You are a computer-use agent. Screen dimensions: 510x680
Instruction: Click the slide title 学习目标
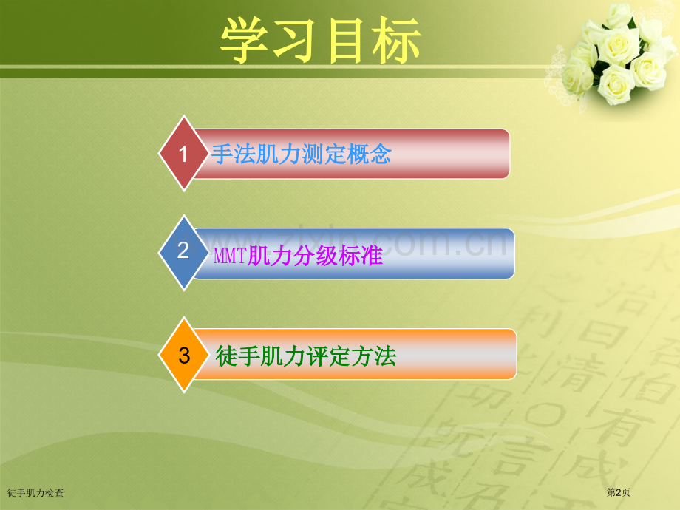tap(320, 40)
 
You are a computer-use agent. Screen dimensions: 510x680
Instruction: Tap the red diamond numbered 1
tap(184, 154)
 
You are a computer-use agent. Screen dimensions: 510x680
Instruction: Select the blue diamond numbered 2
tap(184, 252)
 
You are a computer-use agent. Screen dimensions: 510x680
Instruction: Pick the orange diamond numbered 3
tap(184, 356)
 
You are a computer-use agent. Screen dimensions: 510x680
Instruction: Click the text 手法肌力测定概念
tap(301, 154)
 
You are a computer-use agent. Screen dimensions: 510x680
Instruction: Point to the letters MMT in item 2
tap(230, 256)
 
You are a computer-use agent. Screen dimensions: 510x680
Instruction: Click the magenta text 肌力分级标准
tap(315, 256)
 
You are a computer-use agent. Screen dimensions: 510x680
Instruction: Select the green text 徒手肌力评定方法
tap(306, 357)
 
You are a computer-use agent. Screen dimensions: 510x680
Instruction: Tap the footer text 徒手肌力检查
tap(35, 492)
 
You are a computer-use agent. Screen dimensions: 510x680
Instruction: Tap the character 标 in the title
tap(397, 40)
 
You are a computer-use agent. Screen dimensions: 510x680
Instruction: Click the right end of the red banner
tap(495, 154)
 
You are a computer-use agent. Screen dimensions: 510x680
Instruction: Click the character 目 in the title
tap(346, 40)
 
